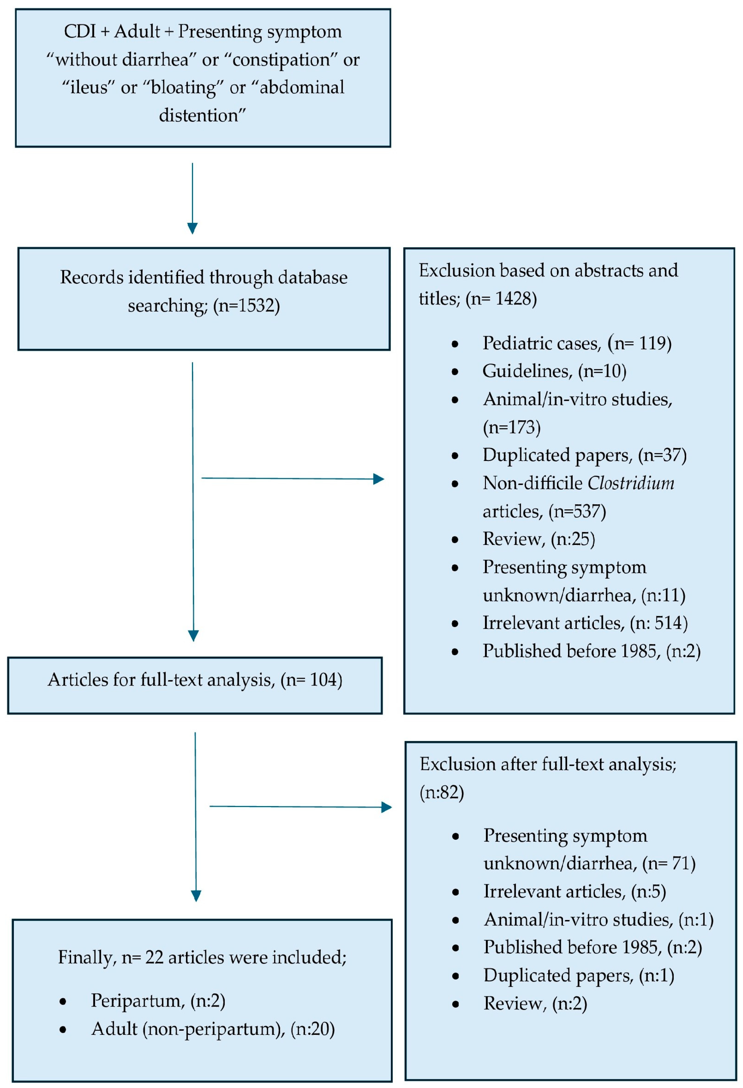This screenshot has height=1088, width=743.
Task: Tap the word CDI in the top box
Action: point(80,32)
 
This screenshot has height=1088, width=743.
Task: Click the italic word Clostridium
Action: point(631,483)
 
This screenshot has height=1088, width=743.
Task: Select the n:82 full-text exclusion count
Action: point(442,793)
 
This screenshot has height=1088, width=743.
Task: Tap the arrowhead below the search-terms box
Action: point(192,228)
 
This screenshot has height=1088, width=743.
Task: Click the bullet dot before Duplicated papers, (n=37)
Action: point(455,456)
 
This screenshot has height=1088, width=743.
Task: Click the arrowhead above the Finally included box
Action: point(196,895)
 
